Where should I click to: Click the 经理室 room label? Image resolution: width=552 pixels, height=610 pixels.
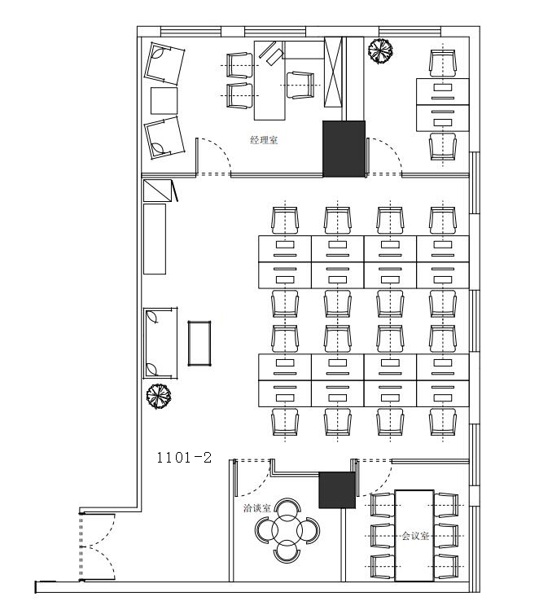click(x=264, y=140)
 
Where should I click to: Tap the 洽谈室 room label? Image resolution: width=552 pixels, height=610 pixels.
click(x=256, y=508)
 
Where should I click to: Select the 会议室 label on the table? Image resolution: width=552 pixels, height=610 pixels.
click(x=415, y=536)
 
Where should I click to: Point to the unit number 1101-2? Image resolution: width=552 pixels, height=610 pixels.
click(x=184, y=458)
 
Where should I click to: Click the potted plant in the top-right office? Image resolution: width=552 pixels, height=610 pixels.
click(x=380, y=50)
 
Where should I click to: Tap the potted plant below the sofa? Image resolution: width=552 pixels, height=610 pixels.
click(x=159, y=397)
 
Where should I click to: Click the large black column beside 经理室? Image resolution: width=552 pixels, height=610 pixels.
click(x=344, y=149)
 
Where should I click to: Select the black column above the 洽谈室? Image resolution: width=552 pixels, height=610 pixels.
click(x=337, y=490)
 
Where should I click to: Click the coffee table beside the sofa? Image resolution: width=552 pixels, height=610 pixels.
click(x=199, y=344)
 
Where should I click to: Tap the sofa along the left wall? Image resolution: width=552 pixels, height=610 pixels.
click(x=160, y=343)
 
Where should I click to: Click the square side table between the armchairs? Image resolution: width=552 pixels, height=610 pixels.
click(x=164, y=101)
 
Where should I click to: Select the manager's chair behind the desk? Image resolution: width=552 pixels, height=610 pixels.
click(x=300, y=86)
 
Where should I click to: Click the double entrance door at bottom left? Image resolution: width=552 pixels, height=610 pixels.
click(x=97, y=547)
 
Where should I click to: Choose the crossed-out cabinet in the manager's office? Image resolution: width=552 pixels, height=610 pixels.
click(x=333, y=72)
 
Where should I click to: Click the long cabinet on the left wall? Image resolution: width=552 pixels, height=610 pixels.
click(x=155, y=239)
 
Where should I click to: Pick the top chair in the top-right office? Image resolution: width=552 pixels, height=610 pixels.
click(x=443, y=64)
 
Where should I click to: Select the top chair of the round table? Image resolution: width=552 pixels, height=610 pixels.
click(x=287, y=507)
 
